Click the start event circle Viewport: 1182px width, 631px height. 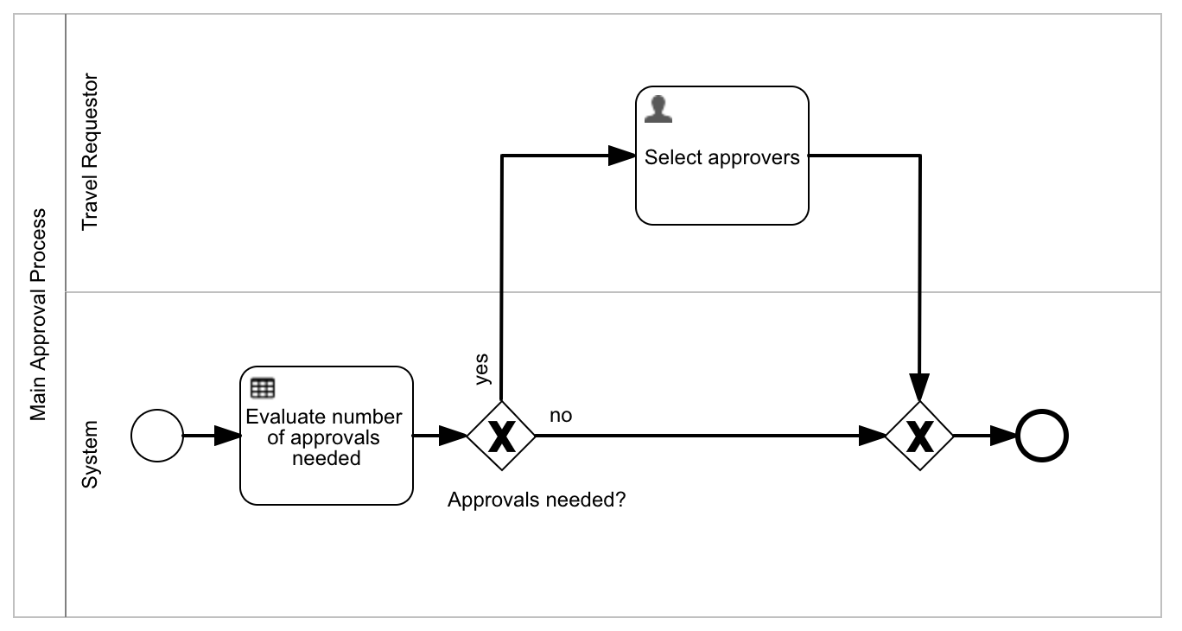click(x=156, y=436)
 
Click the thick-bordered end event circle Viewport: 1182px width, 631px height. click(x=1042, y=436)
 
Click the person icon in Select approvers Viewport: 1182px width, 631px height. click(x=658, y=109)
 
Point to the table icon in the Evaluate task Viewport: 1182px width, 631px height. click(x=262, y=388)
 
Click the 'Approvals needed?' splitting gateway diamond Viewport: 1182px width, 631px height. click(x=501, y=436)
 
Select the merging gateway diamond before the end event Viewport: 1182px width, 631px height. click(x=919, y=436)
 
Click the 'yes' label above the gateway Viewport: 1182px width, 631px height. click(x=481, y=367)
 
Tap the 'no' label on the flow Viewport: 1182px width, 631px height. click(x=561, y=416)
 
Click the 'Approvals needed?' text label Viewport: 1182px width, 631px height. click(x=536, y=500)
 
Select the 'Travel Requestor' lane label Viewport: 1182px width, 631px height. click(x=89, y=152)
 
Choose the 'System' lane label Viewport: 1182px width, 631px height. click(x=89, y=455)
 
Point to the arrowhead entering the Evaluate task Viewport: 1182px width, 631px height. click(x=226, y=436)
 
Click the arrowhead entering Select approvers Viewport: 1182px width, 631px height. click(x=622, y=156)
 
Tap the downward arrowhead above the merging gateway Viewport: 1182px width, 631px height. click(x=919, y=386)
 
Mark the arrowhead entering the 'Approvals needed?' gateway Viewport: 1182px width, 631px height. click(x=454, y=436)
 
